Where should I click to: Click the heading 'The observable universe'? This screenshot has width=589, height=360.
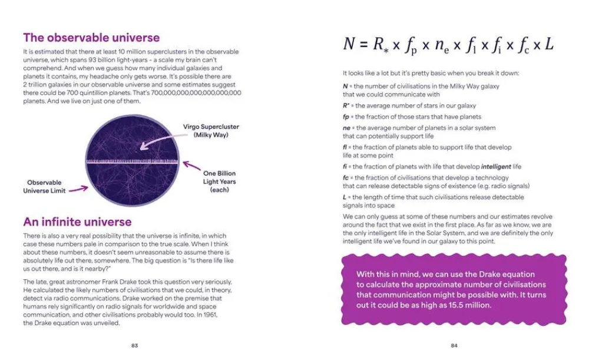click(91, 38)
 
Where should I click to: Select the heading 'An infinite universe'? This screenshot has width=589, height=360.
click(77, 222)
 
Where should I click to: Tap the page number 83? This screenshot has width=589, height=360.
click(134, 345)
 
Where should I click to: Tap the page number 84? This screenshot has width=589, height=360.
click(454, 345)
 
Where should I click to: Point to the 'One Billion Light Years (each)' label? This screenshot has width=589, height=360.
click(219, 181)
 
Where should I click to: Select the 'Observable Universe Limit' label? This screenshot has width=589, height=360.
click(44, 187)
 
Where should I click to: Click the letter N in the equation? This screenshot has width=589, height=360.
click(349, 45)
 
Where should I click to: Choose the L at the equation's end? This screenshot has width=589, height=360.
click(548, 45)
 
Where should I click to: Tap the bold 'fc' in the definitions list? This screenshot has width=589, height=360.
click(346, 177)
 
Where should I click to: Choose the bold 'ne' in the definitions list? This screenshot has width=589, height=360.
click(347, 128)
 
